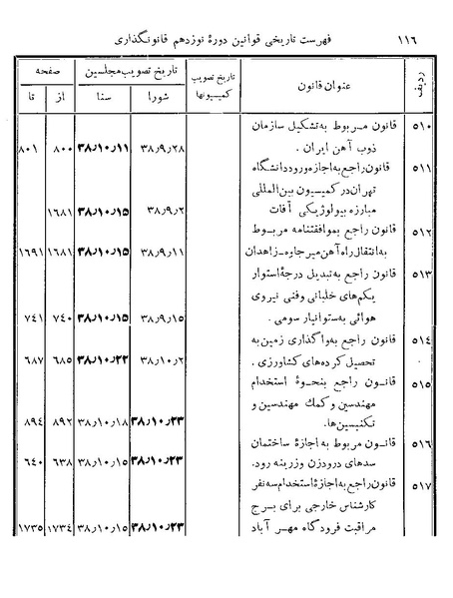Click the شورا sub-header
159,101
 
